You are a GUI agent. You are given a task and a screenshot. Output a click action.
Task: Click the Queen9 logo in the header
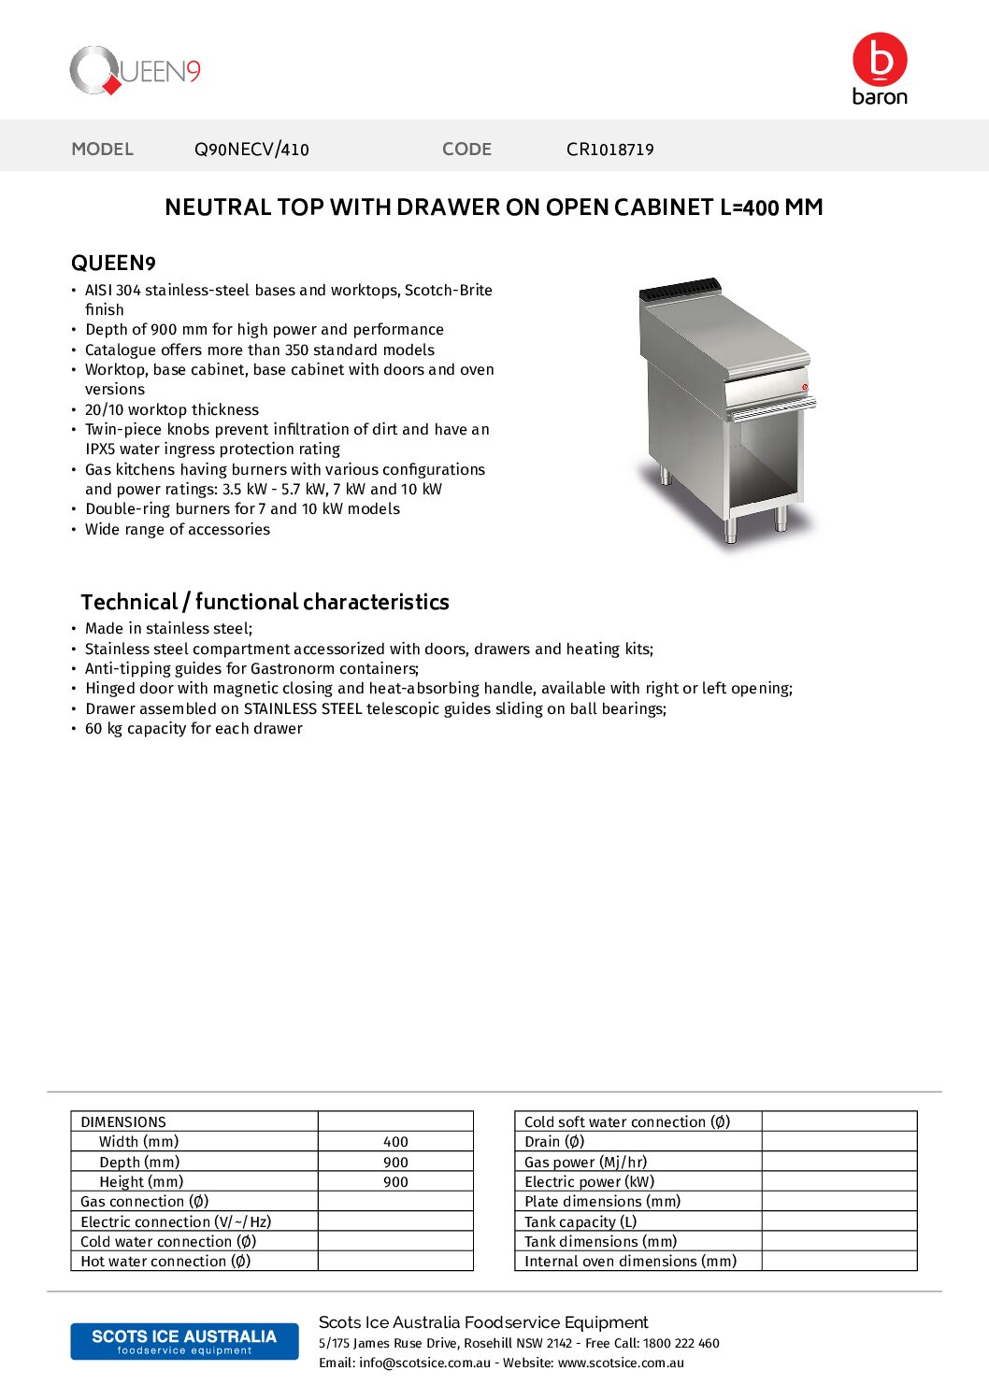135,71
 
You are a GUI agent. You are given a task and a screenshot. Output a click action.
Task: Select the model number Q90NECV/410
251,150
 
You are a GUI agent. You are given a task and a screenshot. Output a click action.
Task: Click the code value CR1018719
609,150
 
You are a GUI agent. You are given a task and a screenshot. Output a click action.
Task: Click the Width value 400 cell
395,1142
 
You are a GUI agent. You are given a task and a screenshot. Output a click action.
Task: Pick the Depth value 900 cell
395,1163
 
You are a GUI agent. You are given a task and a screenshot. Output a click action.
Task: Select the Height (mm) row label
141,1182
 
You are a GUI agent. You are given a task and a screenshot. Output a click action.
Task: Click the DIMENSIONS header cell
123,1122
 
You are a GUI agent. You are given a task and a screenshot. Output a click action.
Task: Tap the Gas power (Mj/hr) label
585,1163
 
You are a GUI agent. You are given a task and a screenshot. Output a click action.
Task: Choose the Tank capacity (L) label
580,1222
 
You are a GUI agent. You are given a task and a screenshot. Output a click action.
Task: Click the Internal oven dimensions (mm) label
630,1262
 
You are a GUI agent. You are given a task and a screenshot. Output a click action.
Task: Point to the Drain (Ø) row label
554,1142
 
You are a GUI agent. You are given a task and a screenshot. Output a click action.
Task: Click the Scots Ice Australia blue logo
184,1341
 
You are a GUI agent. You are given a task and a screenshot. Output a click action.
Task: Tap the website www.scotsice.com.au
621,1363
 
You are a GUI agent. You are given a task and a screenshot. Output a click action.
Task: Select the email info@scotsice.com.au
424,1363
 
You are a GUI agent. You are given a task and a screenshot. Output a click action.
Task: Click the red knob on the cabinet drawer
805,386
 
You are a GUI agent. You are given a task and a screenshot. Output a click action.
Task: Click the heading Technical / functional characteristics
265,602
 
